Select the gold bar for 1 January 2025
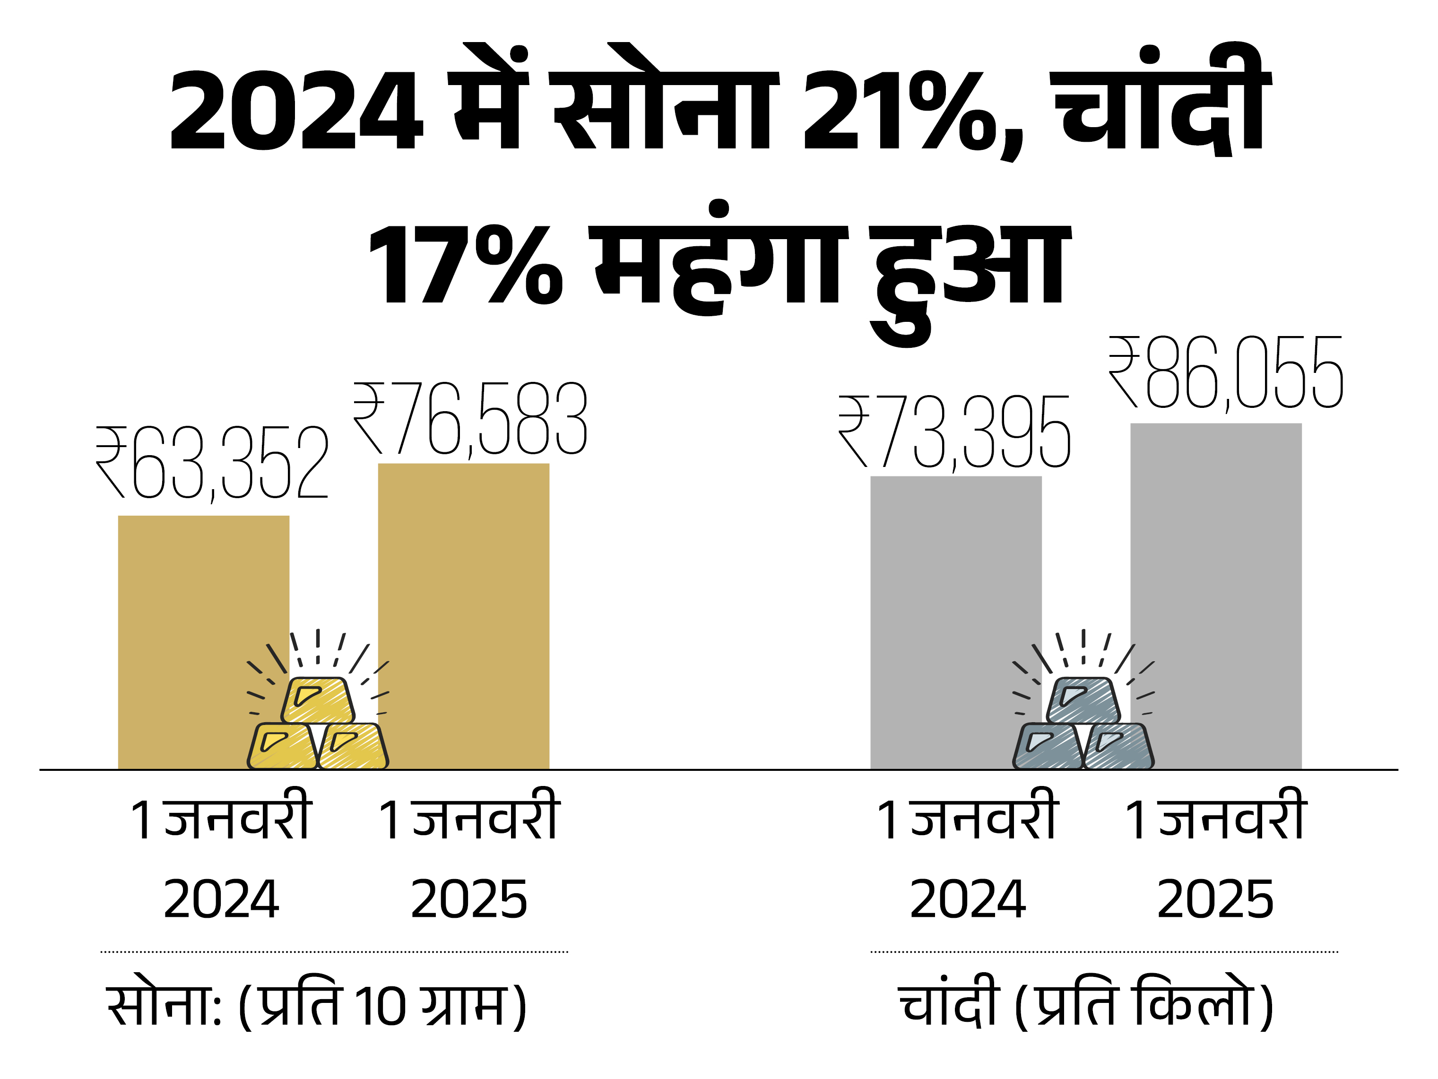click(x=464, y=585)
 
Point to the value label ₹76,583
click(x=470, y=419)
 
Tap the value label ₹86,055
click(x=1225, y=374)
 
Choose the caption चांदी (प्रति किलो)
click(x=1086, y=1004)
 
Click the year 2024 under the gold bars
click(x=221, y=900)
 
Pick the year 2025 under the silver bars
click(x=1215, y=900)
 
